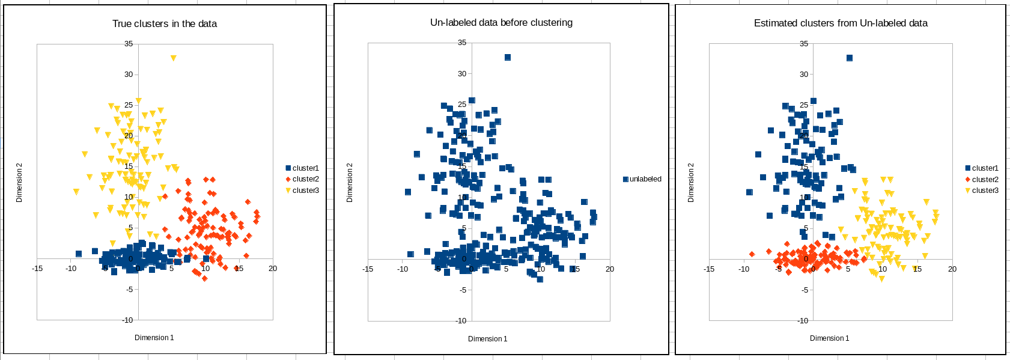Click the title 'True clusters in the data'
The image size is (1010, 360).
pyautogui.click(x=164, y=24)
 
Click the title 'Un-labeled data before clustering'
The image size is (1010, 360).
pyautogui.click(x=501, y=23)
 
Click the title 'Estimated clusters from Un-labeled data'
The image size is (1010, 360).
pyautogui.click(x=840, y=23)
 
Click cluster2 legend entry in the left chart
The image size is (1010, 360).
pyautogui.click(x=305, y=179)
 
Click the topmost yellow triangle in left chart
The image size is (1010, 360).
pyautogui.click(x=173, y=58)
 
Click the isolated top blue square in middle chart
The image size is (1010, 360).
pyautogui.click(x=508, y=58)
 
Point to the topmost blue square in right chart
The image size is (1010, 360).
pyautogui.click(x=850, y=58)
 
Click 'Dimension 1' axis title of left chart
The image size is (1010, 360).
pyautogui.click(x=154, y=338)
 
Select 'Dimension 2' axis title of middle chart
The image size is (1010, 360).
pyautogui.click(x=350, y=182)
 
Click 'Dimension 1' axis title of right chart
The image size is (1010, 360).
pyautogui.click(x=829, y=338)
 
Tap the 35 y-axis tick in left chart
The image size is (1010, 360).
pyautogui.click(x=129, y=44)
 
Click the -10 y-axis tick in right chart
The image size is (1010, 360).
pyautogui.click(x=803, y=320)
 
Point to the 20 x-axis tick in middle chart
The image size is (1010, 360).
pyautogui.click(x=610, y=269)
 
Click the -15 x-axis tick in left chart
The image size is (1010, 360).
pyautogui.click(x=37, y=269)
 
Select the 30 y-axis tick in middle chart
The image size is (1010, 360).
pyautogui.click(x=462, y=74)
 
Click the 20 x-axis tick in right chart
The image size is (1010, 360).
pyautogui.click(x=952, y=269)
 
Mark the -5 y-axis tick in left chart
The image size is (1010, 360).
pyautogui.click(x=129, y=290)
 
